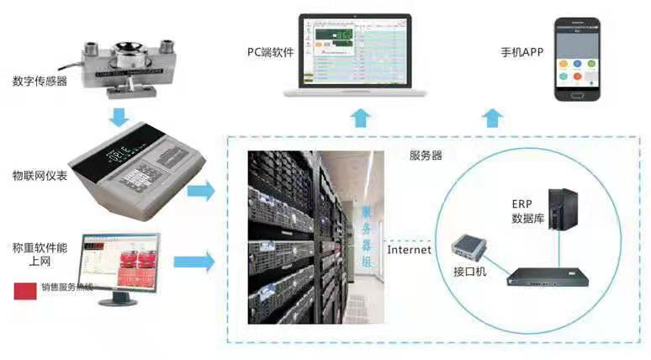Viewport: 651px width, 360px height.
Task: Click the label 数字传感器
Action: point(41,82)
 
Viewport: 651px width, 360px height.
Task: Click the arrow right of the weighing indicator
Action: point(201,192)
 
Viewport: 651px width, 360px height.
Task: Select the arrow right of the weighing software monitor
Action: point(200,262)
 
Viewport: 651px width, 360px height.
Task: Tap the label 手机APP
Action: point(521,52)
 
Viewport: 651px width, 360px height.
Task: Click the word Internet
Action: point(410,249)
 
